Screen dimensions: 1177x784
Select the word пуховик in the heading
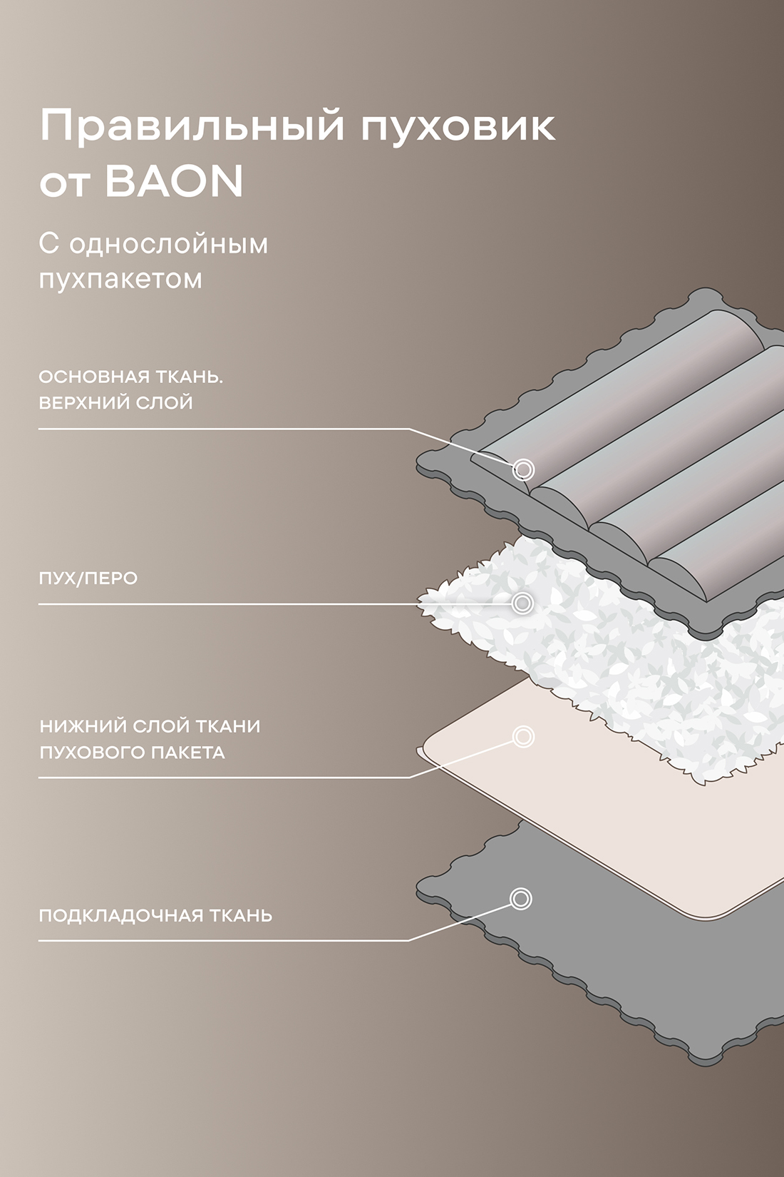pyautogui.click(x=458, y=127)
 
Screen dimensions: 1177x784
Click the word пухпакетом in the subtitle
pyautogui.click(x=120, y=279)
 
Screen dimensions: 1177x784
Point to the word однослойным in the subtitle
pyautogui.click(x=169, y=244)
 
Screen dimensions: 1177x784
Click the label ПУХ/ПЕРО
pyautogui.click(x=88, y=579)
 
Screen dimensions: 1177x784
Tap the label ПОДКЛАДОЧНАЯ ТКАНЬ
pyautogui.click(x=155, y=915)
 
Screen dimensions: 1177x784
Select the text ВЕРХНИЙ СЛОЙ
pyautogui.click(x=115, y=403)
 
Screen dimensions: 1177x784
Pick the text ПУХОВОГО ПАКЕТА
pyautogui.click(x=132, y=753)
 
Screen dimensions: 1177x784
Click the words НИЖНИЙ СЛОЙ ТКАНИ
pyautogui.click(x=150, y=726)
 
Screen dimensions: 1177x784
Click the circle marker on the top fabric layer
pyautogui.click(x=524, y=469)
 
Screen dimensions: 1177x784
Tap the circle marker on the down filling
pyautogui.click(x=523, y=603)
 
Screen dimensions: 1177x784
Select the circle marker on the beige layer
pyautogui.click(x=524, y=736)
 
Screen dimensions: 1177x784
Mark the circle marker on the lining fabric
pyautogui.click(x=521, y=898)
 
